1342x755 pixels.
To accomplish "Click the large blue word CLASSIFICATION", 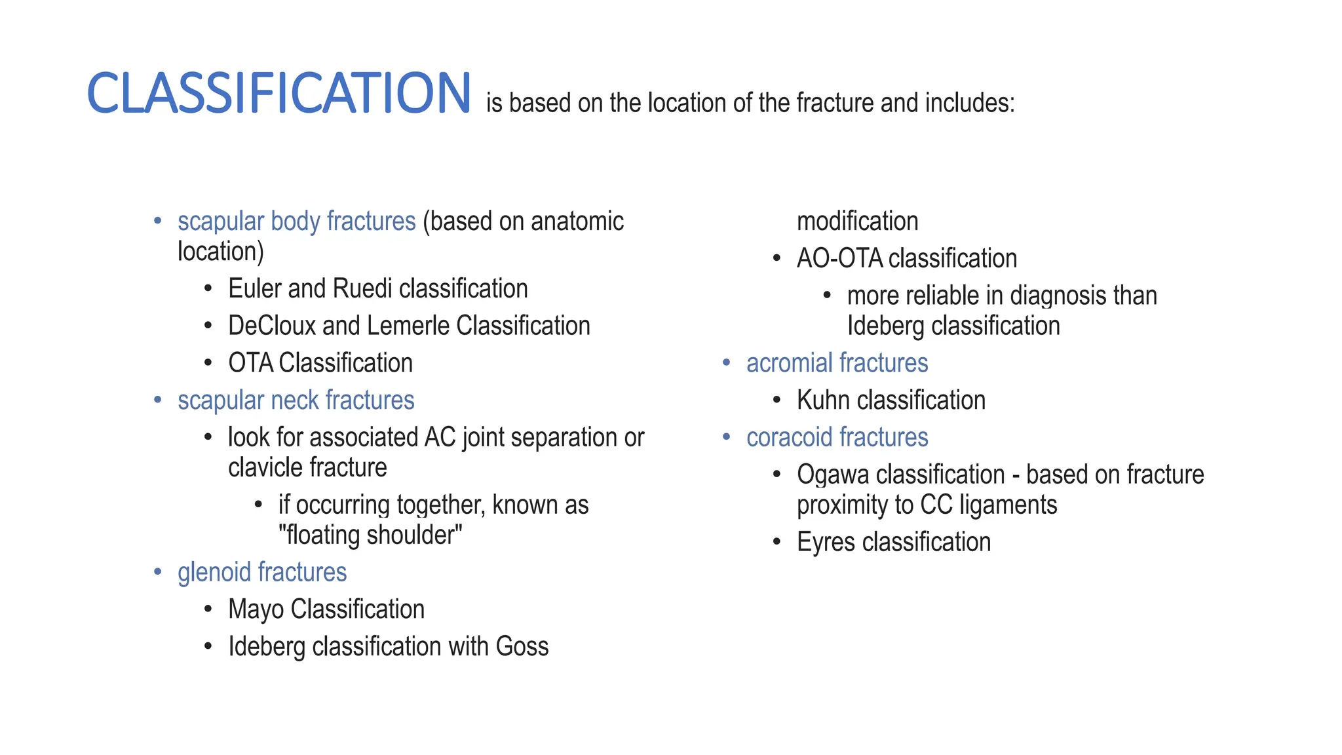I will pos(278,94).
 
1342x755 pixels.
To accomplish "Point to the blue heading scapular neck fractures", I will pos(296,400).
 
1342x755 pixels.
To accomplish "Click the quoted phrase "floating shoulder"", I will pos(370,535).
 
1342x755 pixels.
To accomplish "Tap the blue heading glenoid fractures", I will pos(261,573).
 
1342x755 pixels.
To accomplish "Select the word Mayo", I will pos(256,610).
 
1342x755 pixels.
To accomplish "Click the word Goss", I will pos(522,647).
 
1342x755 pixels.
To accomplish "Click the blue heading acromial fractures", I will pos(837,363).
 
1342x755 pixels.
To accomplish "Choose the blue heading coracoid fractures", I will pos(837,438).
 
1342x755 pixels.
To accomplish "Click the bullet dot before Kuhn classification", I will pos(776,400).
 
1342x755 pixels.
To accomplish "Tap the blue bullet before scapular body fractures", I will pos(157,222).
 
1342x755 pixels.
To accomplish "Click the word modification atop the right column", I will pos(857,222).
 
